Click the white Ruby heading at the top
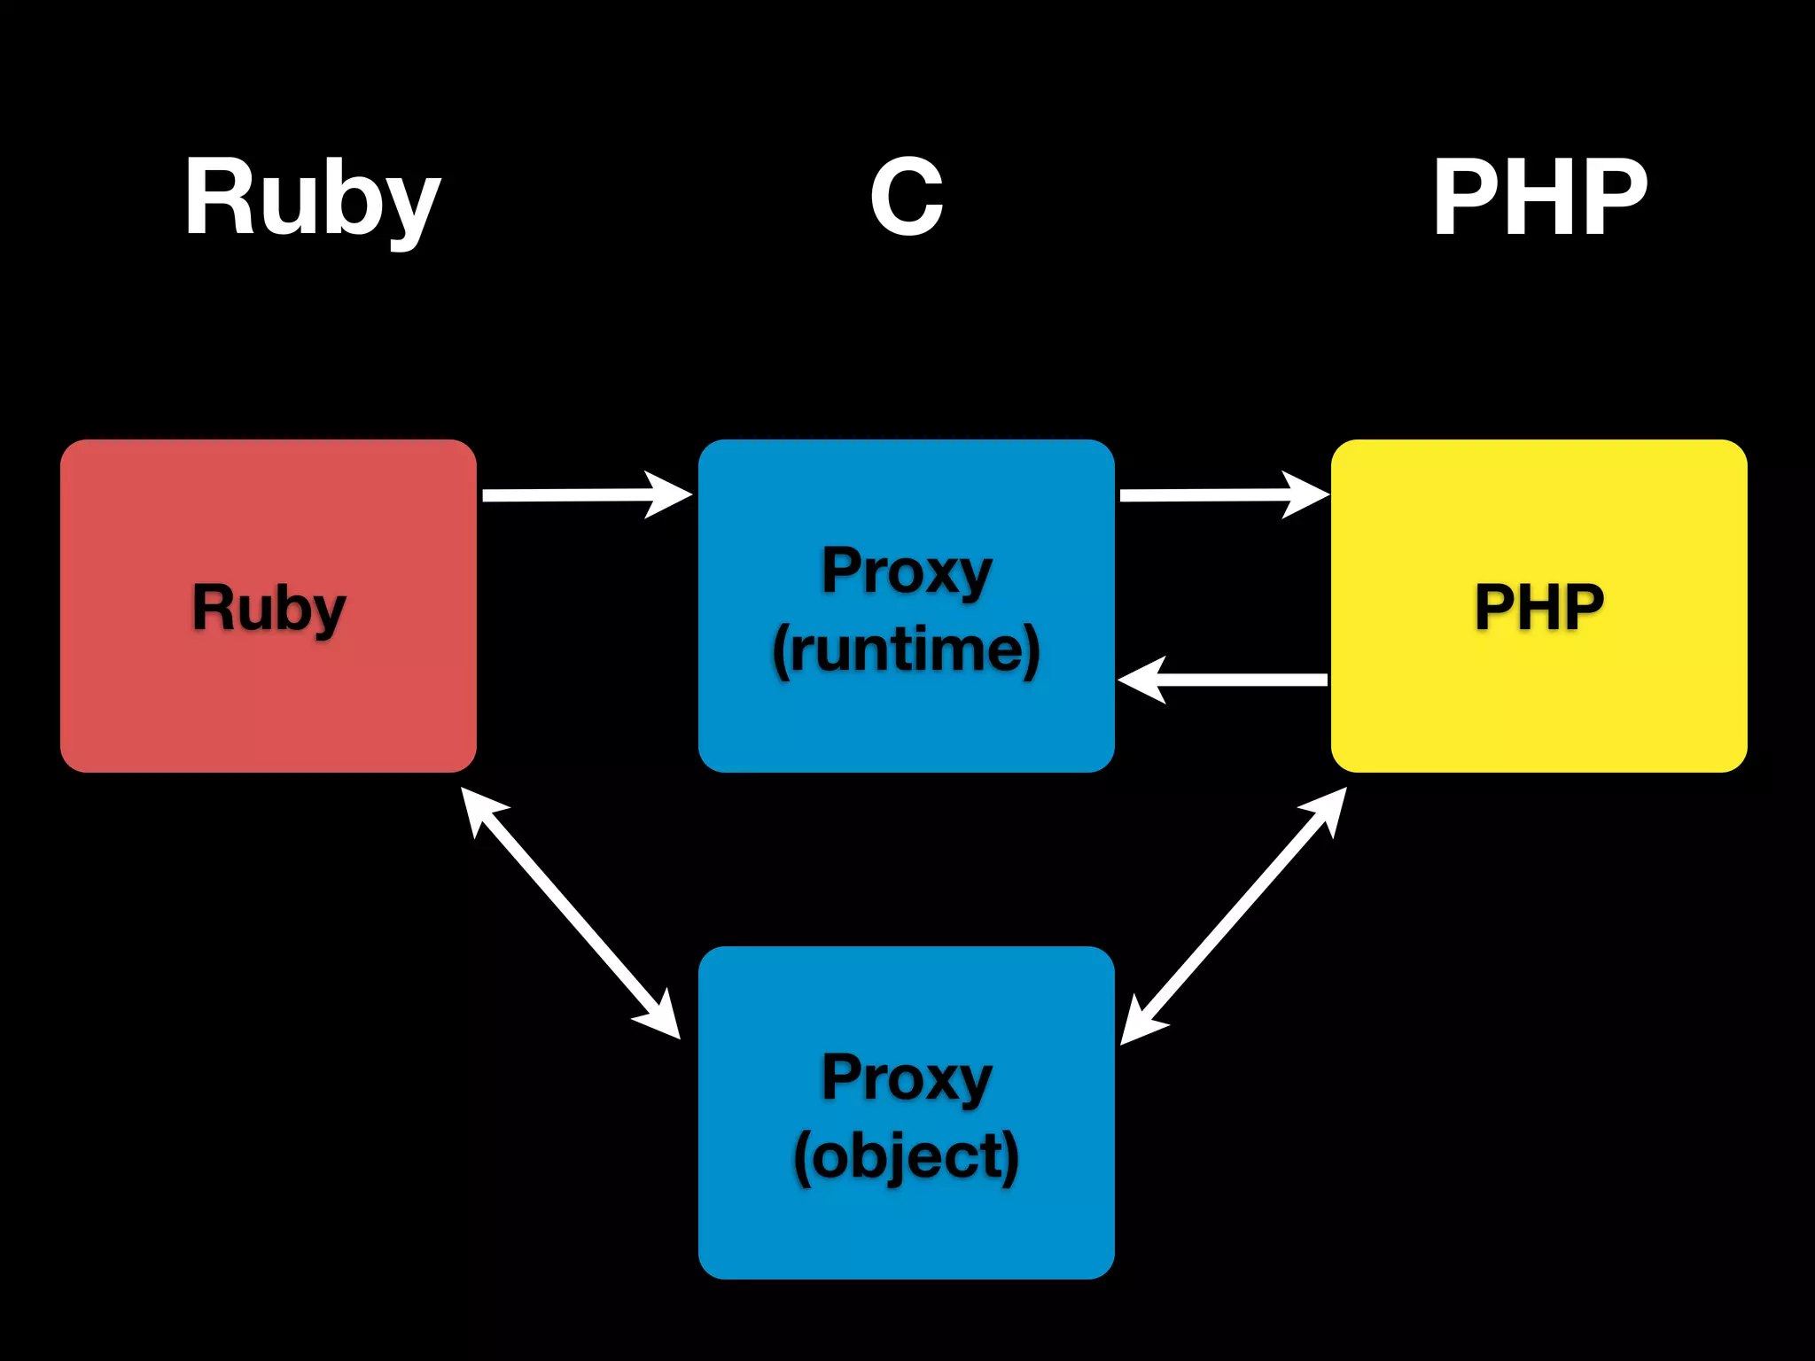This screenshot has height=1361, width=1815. pos(312,198)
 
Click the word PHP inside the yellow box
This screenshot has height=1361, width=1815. pos(1539,607)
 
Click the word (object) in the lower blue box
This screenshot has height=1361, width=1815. pos(906,1156)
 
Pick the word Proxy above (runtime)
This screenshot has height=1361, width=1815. pos(906,571)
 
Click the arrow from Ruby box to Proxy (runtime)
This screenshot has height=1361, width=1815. pos(576,494)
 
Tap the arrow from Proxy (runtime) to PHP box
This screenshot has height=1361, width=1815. pos(1214,494)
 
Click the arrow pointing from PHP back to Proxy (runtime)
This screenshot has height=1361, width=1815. pos(1232,680)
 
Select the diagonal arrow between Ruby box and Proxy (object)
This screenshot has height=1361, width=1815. pos(570,913)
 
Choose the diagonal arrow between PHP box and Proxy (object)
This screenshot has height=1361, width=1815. pos(1234,915)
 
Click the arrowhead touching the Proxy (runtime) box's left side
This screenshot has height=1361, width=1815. pos(672,494)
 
